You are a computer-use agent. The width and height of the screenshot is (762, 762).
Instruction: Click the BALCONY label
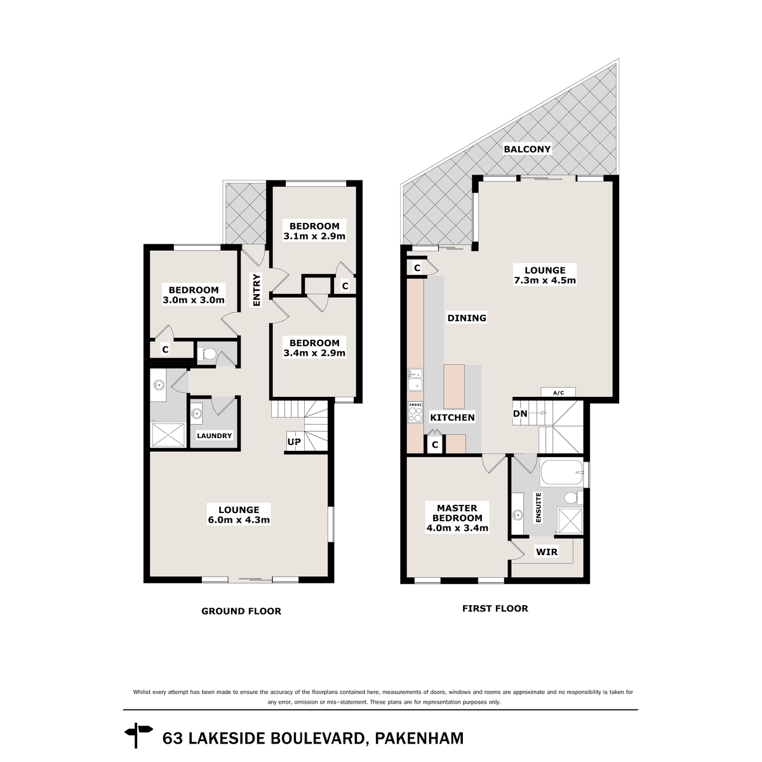click(527, 149)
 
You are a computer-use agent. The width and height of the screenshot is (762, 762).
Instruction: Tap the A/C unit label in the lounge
click(558, 393)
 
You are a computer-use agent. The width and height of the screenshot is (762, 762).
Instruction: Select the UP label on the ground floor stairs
click(294, 441)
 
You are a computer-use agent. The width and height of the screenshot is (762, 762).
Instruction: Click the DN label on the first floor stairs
click(519, 414)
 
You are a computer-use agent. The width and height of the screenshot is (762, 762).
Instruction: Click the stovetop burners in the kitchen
click(415, 413)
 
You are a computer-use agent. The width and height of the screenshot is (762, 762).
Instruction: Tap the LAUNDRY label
click(214, 436)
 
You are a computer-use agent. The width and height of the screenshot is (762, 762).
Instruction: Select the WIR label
click(547, 552)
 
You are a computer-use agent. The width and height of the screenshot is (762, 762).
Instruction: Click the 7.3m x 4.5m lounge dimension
click(545, 280)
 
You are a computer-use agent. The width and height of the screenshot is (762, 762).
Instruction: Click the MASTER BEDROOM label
click(457, 512)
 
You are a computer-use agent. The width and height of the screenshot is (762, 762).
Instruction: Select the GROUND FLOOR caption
click(241, 611)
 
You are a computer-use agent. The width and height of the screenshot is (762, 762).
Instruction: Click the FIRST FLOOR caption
click(495, 608)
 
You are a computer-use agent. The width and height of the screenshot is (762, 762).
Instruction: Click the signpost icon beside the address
click(140, 738)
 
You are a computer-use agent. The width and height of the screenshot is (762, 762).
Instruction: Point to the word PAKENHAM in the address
click(419, 739)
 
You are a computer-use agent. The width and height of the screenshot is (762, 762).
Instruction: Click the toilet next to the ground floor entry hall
click(207, 354)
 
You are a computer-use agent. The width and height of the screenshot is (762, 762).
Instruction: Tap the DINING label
click(467, 318)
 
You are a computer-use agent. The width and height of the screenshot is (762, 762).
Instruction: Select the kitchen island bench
click(454, 386)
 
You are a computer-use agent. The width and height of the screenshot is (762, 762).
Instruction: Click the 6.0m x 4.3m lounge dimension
click(239, 519)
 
